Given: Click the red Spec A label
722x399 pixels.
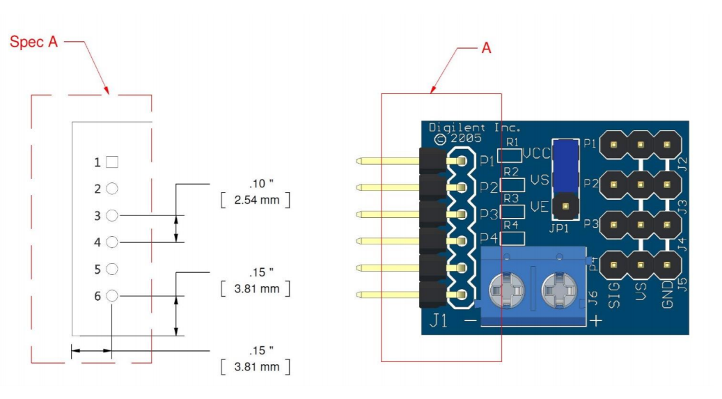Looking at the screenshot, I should [33, 42].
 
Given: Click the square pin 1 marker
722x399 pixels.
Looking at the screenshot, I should [112, 162].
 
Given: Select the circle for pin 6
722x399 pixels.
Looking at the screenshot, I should [112, 296].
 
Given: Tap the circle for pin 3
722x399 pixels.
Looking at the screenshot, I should [112, 215].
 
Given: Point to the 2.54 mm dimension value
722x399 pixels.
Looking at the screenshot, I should [254, 201].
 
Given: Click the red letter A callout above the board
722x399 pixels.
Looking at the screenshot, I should [486, 47].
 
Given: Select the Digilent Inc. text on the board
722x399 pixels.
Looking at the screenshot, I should [475, 127].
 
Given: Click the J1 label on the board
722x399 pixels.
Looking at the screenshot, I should [440, 321].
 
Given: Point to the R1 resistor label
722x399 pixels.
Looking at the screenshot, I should [512, 141].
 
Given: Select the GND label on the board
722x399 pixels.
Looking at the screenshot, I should [667, 292].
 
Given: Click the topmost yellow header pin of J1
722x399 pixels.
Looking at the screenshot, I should [386, 162].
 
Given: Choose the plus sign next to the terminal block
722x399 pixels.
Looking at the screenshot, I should [596, 320].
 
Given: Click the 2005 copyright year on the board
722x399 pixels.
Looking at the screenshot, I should [466, 138].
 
